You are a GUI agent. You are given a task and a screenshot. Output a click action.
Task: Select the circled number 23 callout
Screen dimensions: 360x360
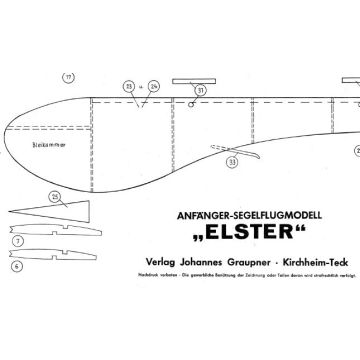pyautogui.click(x=129, y=86)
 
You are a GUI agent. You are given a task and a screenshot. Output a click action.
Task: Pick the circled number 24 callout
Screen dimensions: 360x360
pyautogui.click(x=154, y=86)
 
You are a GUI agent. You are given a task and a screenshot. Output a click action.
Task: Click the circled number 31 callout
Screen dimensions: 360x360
pyautogui.click(x=201, y=90)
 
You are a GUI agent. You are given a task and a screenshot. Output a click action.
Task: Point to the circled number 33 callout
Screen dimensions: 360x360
pyautogui.click(x=233, y=158)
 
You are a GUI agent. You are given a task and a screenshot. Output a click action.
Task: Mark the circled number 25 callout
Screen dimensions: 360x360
pyautogui.click(x=54, y=195)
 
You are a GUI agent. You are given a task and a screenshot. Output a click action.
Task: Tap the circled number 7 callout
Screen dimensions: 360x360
pyautogui.click(x=18, y=241)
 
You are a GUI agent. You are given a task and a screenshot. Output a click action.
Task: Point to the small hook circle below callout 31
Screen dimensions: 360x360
pyautogui.click(x=190, y=105)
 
